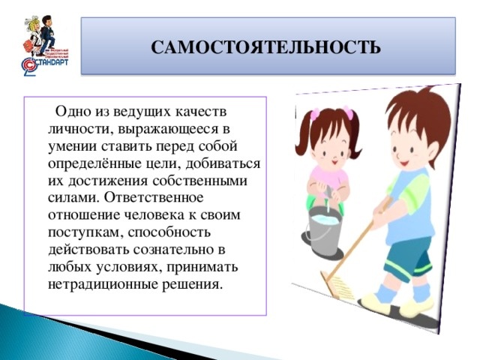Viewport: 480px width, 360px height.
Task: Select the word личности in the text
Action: pyautogui.click(x=73, y=128)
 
